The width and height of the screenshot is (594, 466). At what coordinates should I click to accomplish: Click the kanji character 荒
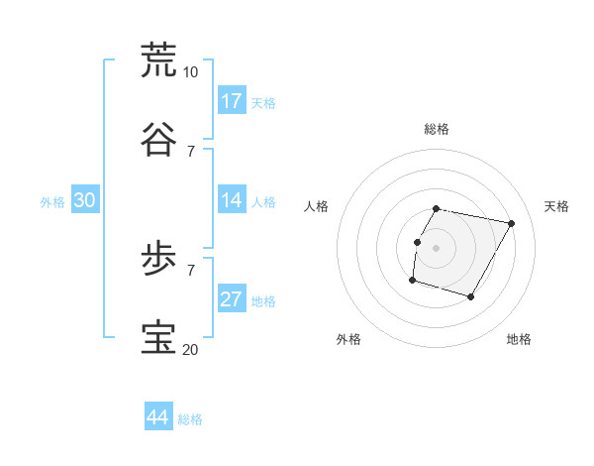click(159, 59)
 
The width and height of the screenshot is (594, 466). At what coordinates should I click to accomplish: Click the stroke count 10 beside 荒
click(190, 72)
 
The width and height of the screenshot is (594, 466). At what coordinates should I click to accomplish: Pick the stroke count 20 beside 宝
click(190, 349)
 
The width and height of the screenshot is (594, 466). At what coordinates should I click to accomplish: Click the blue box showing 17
click(232, 101)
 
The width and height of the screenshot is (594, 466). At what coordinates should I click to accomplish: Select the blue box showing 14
click(232, 200)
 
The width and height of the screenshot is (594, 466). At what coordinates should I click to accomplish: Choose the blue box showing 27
click(232, 299)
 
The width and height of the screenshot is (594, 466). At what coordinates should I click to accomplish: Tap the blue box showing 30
click(85, 200)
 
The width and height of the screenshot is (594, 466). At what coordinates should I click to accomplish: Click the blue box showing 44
click(157, 417)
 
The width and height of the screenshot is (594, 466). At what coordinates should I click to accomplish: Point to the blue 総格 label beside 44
click(190, 419)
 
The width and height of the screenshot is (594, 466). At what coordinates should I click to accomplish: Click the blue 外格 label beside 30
click(52, 202)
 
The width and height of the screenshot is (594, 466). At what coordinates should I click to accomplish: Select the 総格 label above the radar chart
click(437, 129)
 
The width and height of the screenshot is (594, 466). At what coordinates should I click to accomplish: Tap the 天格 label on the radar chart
click(556, 206)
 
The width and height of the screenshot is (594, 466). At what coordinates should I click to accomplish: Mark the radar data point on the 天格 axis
click(511, 224)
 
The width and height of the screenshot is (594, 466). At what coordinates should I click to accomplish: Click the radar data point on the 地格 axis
click(470, 296)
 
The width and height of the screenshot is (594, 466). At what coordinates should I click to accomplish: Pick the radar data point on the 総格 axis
click(437, 209)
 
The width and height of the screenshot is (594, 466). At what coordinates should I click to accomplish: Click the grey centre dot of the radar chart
click(437, 248)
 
